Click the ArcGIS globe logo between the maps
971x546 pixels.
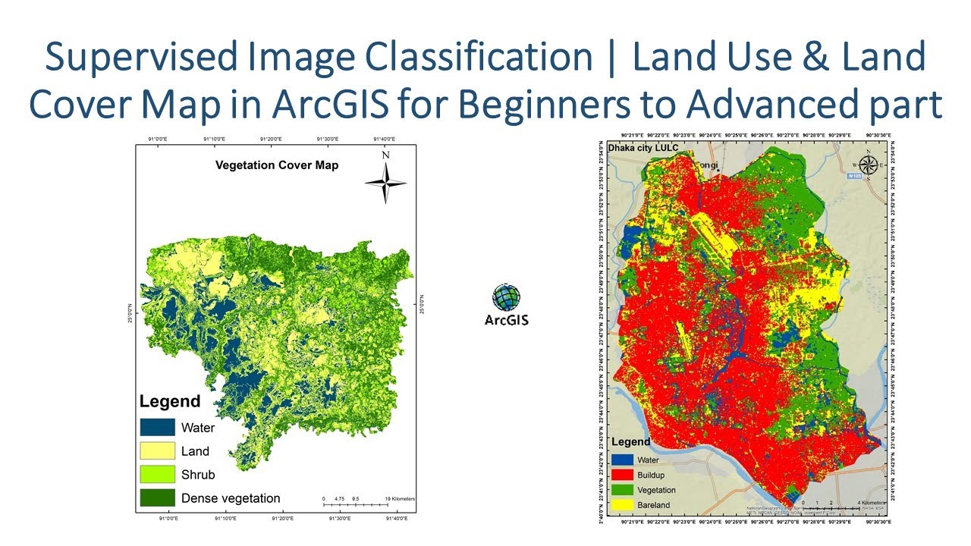[506, 297]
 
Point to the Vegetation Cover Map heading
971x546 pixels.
[277, 165]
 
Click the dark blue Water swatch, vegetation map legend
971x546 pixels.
[157, 428]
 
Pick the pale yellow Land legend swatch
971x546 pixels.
[157, 451]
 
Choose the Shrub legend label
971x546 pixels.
[198, 475]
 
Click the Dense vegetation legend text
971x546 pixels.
[231, 498]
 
